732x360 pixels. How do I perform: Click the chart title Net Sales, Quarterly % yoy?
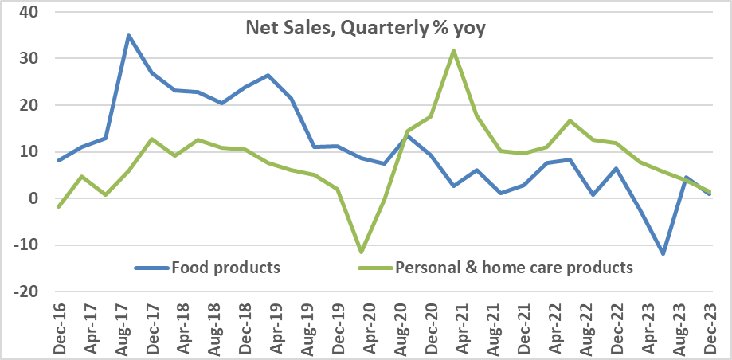pos(364,29)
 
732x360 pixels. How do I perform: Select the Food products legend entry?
pos(225,267)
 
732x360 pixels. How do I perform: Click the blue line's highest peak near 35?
pos(128,35)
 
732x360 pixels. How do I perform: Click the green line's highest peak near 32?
pos(452,51)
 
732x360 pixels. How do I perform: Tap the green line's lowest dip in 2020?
pos(361,252)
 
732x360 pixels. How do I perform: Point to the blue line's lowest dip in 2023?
pos(663,253)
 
